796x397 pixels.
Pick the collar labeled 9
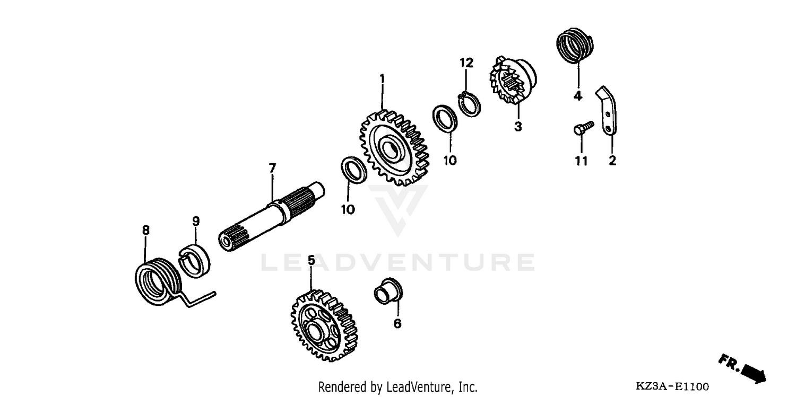pyautogui.click(x=196, y=260)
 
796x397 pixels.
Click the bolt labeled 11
pyautogui.click(x=583, y=128)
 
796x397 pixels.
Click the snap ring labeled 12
pyautogui.click(x=470, y=103)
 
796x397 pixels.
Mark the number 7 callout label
pyautogui.click(x=272, y=169)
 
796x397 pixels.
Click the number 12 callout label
pyautogui.click(x=466, y=63)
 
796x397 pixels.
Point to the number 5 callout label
pyautogui.click(x=311, y=260)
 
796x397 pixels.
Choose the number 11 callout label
pyautogui.click(x=582, y=161)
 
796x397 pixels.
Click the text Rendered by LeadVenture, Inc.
pyautogui.click(x=397, y=387)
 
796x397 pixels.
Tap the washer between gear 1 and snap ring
pyautogui.click(x=445, y=118)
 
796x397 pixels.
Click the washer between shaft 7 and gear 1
pyautogui.click(x=353, y=170)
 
